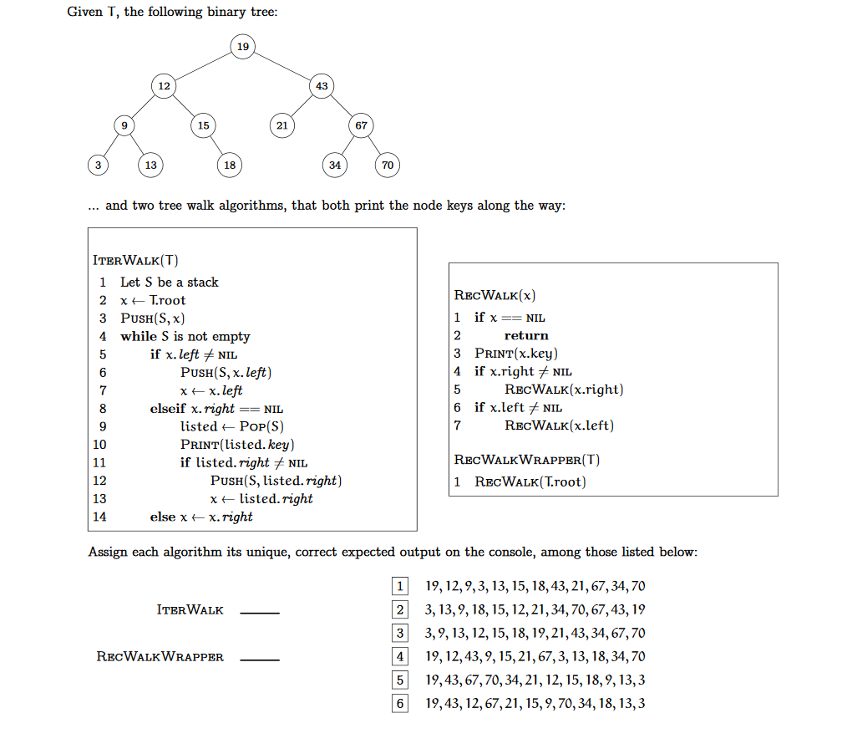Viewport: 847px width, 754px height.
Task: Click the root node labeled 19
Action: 242,46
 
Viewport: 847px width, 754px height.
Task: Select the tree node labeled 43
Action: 322,86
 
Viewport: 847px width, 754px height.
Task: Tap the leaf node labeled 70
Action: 387,166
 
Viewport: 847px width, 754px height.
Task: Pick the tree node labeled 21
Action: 282,125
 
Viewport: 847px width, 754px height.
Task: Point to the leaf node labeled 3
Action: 98,166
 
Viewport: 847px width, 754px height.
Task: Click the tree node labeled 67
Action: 361,125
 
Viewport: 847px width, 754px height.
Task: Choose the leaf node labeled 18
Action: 229,166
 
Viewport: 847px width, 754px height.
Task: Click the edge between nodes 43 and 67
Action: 341,105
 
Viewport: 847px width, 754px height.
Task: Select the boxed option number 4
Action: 401,656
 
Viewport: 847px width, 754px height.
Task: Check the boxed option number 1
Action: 401,586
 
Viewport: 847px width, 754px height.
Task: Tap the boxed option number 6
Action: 401,703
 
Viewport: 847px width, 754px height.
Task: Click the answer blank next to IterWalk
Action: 260,613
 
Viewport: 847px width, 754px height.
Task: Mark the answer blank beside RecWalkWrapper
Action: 260,660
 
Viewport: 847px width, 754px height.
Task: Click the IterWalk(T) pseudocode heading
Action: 136,260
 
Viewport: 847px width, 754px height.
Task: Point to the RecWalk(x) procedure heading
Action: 495,295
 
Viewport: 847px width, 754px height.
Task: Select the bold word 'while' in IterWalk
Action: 139,336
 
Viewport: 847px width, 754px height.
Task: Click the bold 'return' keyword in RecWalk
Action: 526,335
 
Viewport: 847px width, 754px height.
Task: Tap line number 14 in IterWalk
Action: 100,517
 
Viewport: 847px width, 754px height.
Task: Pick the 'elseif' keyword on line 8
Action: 168,409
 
